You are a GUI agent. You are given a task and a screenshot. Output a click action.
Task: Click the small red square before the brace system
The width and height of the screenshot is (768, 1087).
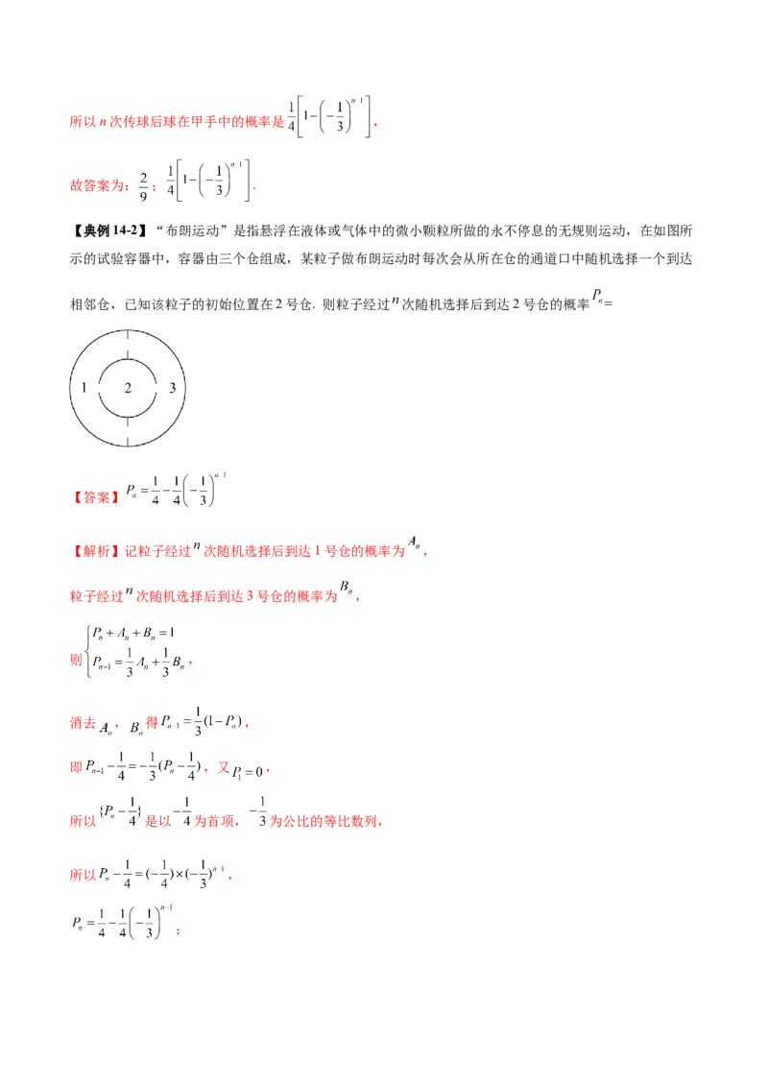74,661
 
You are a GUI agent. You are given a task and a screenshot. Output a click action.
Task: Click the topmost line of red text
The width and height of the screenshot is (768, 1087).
177,123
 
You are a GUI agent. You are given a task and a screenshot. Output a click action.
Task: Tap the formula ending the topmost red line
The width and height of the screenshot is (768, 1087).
328,113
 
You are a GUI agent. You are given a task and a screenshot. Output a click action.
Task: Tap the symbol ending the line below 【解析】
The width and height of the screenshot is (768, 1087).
348,590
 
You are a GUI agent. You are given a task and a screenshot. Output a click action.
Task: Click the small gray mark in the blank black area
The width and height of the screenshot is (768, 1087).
597,293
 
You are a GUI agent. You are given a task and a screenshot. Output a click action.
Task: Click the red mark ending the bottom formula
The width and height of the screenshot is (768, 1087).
180,930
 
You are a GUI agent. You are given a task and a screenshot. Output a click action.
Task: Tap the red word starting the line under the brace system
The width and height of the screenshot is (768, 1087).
79,722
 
